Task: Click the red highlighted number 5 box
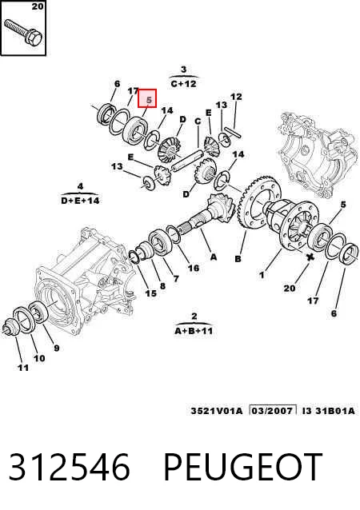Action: click(x=147, y=98)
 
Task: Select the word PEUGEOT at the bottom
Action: click(x=243, y=467)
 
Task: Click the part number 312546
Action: click(x=69, y=467)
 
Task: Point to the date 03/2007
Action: click(x=272, y=410)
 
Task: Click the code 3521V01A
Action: click(x=217, y=411)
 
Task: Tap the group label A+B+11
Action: click(x=194, y=331)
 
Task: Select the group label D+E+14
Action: click(x=80, y=201)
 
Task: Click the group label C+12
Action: click(x=183, y=84)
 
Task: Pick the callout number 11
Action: click(x=23, y=368)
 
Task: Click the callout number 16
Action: click(x=194, y=268)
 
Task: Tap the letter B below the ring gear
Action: click(x=238, y=258)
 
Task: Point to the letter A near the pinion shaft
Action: click(x=214, y=257)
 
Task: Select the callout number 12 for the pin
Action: click(x=236, y=97)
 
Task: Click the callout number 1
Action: click(x=262, y=275)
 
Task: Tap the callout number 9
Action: click(x=56, y=348)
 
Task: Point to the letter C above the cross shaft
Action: click(x=198, y=122)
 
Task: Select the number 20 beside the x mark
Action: click(x=290, y=288)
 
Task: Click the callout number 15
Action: click(x=150, y=293)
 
